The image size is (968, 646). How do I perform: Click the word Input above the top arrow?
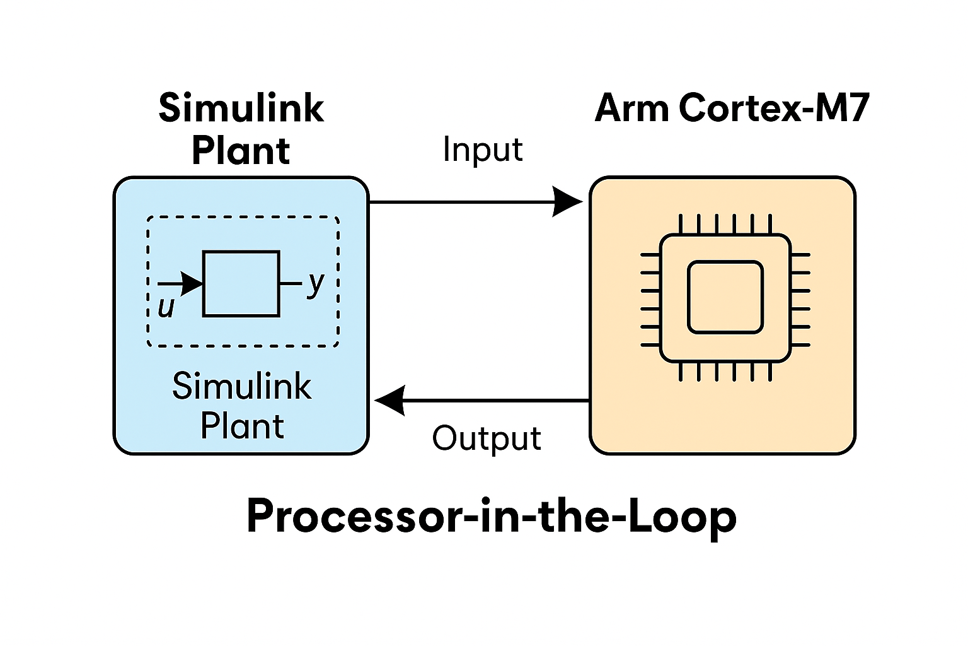pos(483,150)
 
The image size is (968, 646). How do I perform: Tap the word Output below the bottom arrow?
pos(487,438)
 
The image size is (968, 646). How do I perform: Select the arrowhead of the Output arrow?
pos(389,401)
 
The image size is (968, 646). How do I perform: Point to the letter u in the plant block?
pos(166,307)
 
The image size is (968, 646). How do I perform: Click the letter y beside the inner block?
pos(316,283)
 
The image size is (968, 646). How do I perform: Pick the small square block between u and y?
pos(241,283)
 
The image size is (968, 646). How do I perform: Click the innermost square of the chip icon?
pos(725,297)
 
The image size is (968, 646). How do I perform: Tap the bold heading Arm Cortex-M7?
pos(732,108)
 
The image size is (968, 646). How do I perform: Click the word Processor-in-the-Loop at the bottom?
pos(492,516)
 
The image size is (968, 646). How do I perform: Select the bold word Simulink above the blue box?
pos(241,108)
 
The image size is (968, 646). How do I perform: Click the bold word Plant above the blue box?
pos(241,151)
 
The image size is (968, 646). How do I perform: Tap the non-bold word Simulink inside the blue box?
pos(241,386)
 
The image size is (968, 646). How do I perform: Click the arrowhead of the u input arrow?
pos(192,284)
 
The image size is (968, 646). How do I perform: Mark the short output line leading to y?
pos(291,283)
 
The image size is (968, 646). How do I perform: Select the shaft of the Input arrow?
pos(460,202)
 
